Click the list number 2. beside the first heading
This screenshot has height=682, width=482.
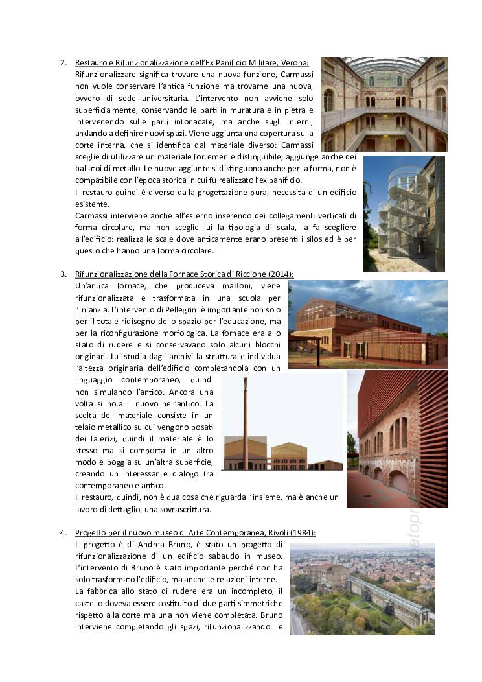(x=63, y=63)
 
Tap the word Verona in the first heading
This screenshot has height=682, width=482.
(x=296, y=63)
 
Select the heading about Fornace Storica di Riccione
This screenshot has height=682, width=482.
(x=184, y=274)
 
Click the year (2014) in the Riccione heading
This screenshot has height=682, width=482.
(x=281, y=274)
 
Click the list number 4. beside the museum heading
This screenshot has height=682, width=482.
(x=63, y=533)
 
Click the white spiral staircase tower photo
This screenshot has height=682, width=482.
(x=404, y=213)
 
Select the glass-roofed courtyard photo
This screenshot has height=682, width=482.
(x=384, y=104)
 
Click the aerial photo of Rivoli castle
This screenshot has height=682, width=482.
(x=362, y=589)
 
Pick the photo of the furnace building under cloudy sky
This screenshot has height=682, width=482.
(x=367, y=323)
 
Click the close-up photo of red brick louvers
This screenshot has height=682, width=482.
(x=396, y=439)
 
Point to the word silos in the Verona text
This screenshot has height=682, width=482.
(x=308, y=239)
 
